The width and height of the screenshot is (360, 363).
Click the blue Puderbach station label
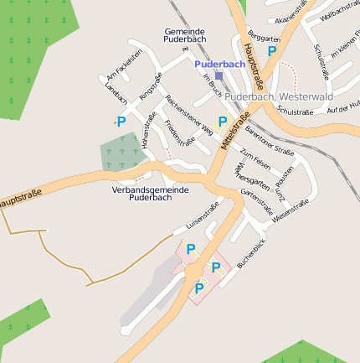pos(220,64)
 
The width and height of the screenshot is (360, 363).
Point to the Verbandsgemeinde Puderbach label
pos(151,194)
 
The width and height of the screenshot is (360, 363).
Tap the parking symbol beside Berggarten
pos(271,51)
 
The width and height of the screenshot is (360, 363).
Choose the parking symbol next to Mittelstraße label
pos(222,122)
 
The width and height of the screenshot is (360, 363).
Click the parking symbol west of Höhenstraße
pos(121,122)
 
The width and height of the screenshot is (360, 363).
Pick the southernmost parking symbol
pos(198,288)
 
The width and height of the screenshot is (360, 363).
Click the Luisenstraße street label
pos(195,218)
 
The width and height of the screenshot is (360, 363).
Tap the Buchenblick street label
pos(250,253)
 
